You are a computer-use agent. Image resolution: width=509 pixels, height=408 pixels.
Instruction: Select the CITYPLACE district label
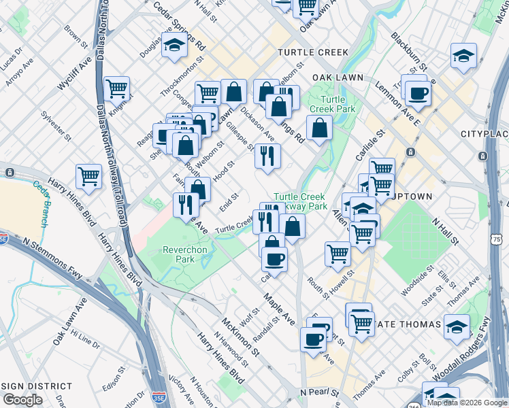pyautogui.click(x=484, y=133)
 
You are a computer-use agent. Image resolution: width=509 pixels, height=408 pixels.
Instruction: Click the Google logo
pyautogui.click(x=22, y=400)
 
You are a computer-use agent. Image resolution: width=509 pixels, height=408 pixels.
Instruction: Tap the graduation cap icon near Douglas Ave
pyautogui.click(x=175, y=46)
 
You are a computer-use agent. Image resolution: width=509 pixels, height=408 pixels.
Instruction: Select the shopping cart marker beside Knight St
pyautogui.click(x=117, y=88)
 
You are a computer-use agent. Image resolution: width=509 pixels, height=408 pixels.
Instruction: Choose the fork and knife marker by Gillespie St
pyautogui.click(x=267, y=156)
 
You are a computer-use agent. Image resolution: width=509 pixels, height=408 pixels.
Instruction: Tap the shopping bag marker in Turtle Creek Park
pyautogui.click(x=319, y=127)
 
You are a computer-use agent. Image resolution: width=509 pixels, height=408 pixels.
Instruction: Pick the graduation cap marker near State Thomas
pyautogui.click(x=457, y=326)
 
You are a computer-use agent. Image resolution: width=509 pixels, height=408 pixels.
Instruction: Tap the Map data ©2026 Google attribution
pyautogui.click(x=466, y=403)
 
